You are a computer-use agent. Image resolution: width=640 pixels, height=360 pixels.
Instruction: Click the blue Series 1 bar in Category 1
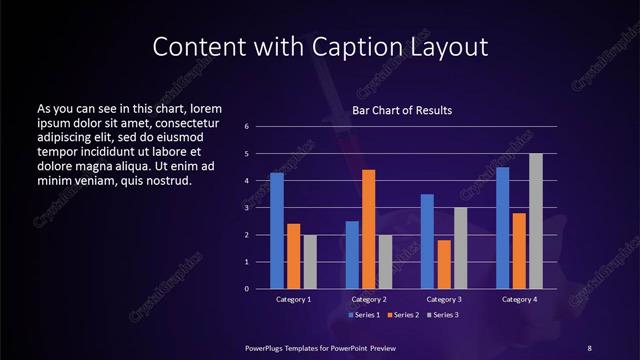click(277, 230)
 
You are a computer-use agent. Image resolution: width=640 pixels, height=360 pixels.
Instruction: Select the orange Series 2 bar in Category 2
click(368, 229)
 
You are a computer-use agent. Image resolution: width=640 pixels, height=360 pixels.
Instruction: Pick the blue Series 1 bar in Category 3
click(427, 241)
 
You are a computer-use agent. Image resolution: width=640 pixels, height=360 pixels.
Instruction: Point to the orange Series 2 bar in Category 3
click(444, 264)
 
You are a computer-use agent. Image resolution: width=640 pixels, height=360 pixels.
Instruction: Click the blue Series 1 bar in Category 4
click(502, 227)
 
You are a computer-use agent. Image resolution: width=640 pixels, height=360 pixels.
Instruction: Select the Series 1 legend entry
click(363, 316)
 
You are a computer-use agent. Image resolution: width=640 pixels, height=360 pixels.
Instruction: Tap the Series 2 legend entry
click(401, 316)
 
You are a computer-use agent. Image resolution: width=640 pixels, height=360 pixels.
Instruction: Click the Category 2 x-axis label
click(368, 299)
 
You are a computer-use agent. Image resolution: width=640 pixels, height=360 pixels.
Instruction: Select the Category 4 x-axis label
click(519, 299)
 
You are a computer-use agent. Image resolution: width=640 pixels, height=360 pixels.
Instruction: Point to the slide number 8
click(589, 347)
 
